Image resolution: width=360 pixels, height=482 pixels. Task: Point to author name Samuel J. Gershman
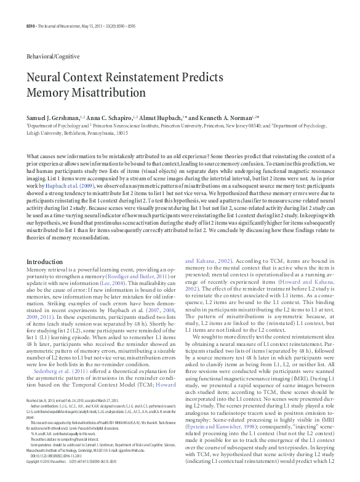[x=53, y=117]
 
